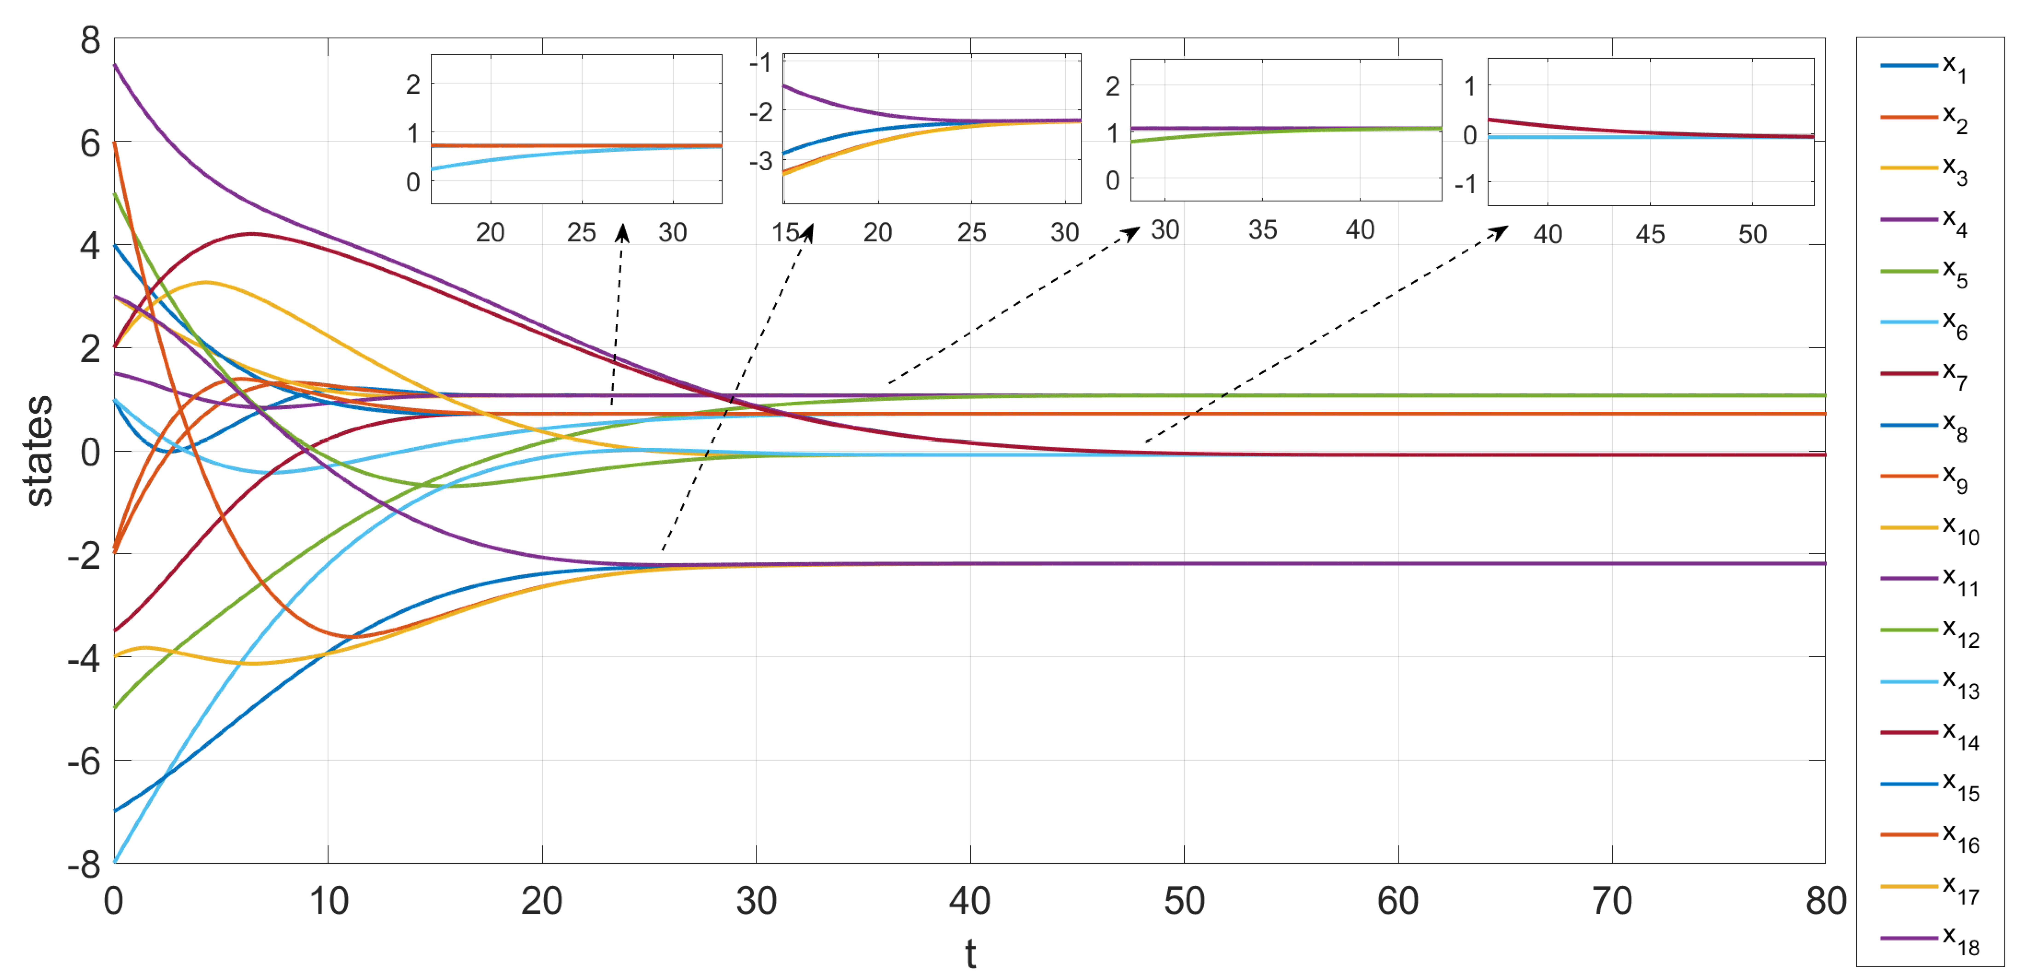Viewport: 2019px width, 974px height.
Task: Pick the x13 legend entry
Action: [1928, 683]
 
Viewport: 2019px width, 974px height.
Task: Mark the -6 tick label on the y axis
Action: [85, 761]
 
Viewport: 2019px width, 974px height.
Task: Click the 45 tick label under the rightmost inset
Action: [1650, 234]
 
